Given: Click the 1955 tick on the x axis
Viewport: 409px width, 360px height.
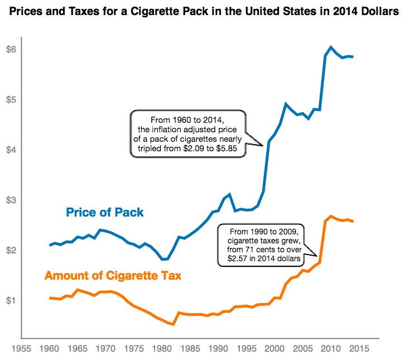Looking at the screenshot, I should click(x=21, y=348).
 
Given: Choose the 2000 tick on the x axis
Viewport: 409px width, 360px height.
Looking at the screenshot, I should click(x=274, y=348).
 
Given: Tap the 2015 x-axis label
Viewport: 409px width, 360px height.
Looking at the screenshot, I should click(x=358, y=348).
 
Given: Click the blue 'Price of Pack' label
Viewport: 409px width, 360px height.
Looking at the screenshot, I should click(x=105, y=213).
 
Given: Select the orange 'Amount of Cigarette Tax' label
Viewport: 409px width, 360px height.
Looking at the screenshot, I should click(x=112, y=276).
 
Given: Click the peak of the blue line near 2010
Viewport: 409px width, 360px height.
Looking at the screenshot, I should click(x=331, y=47).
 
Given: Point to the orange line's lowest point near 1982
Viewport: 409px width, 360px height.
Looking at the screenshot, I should click(x=174, y=324).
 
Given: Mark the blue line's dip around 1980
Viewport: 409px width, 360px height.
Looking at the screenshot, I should click(x=164, y=259).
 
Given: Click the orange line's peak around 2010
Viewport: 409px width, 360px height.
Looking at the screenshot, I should click(x=331, y=216).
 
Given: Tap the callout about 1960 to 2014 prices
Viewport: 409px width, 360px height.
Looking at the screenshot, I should click(x=187, y=135).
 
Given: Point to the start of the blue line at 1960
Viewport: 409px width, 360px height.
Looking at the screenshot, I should click(x=50, y=245).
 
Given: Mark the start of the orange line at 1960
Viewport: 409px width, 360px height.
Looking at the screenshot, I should click(x=50, y=298).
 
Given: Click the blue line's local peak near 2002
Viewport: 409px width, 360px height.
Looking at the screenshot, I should click(x=286, y=104).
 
